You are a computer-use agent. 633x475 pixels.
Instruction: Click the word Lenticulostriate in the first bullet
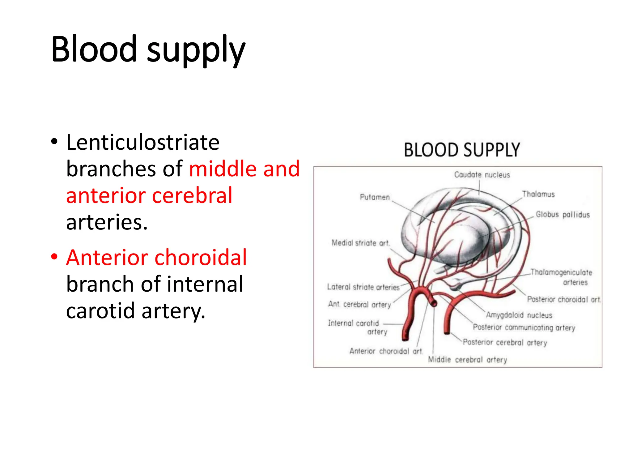pos(143,143)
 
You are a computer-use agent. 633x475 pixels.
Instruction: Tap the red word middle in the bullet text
pos(223,169)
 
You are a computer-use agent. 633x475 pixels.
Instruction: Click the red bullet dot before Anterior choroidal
pos(54,257)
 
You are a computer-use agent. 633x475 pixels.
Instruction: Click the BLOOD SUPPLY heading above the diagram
pos(462,150)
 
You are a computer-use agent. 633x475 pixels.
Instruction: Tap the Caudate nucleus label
pos(482,175)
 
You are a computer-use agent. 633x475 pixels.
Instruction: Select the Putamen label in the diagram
pos(375,197)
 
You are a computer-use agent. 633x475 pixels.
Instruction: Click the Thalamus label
pos(538,194)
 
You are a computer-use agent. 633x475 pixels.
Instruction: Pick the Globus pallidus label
pos(563,215)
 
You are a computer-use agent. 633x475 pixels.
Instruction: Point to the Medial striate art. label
pos(360,243)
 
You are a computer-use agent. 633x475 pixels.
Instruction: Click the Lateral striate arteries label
pos(363,287)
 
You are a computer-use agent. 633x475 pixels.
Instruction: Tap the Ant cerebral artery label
pos(359,305)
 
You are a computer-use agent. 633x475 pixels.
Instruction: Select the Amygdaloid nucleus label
pos(519,315)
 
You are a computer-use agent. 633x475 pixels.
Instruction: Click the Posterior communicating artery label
pos(524,327)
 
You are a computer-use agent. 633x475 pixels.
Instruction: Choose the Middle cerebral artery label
pos(467,360)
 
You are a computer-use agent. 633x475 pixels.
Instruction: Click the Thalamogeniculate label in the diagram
pos(561,272)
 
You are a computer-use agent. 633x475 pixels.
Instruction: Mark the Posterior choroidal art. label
pos(563,299)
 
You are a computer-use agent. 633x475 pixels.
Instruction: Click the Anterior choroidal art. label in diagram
pos(386,351)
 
